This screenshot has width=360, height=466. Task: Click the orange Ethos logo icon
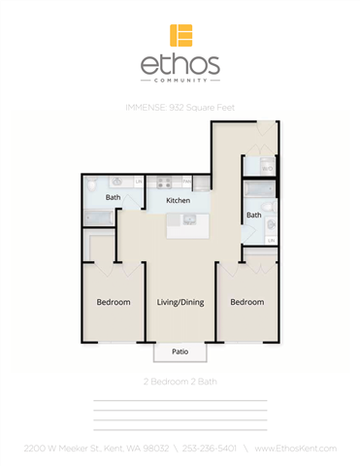pyautogui.click(x=180, y=35)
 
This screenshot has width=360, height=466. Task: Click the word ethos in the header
pyautogui.click(x=180, y=65)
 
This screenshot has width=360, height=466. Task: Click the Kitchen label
pyautogui.click(x=178, y=201)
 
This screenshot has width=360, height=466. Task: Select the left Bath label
pyautogui.click(x=113, y=197)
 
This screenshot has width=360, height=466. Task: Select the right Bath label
pyautogui.click(x=253, y=215)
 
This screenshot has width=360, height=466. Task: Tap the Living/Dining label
pyautogui.click(x=180, y=302)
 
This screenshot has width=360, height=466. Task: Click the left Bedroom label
pyautogui.click(x=114, y=302)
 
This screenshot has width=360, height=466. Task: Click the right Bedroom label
pyautogui.click(x=246, y=302)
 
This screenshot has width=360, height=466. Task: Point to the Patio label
pyautogui.click(x=180, y=351)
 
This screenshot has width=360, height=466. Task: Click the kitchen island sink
pyautogui.click(x=189, y=220)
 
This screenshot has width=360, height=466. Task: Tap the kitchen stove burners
pyautogui.click(x=163, y=182)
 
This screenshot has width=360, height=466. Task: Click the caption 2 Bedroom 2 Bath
pyautogui.click(x=180, y=382)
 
